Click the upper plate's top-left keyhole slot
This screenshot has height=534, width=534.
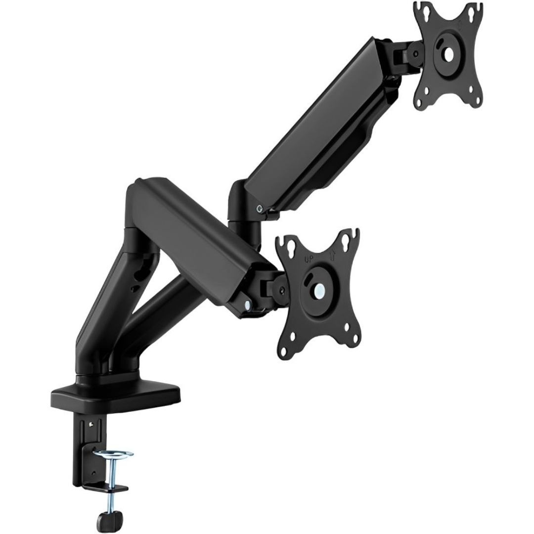pos(421,12)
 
